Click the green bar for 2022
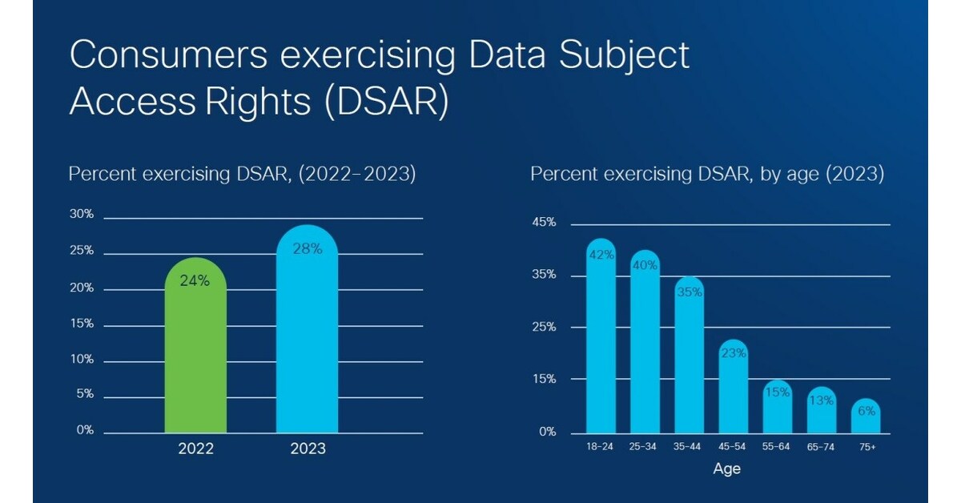click(195, 352)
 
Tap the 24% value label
click(195, 281)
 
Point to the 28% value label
click(307, 249)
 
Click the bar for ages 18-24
click(601, 344)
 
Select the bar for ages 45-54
click(733, 392)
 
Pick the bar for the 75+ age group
click(865, 421)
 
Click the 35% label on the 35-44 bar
click(690, 292)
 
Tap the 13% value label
click(821, 400)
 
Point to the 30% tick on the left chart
click(82, 215)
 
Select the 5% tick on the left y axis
click(84, 394)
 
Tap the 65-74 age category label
click(821, 447)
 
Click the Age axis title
click(726, 469)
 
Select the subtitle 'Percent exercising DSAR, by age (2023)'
click(707, 175)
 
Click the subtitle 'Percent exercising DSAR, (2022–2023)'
click(242, 175)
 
